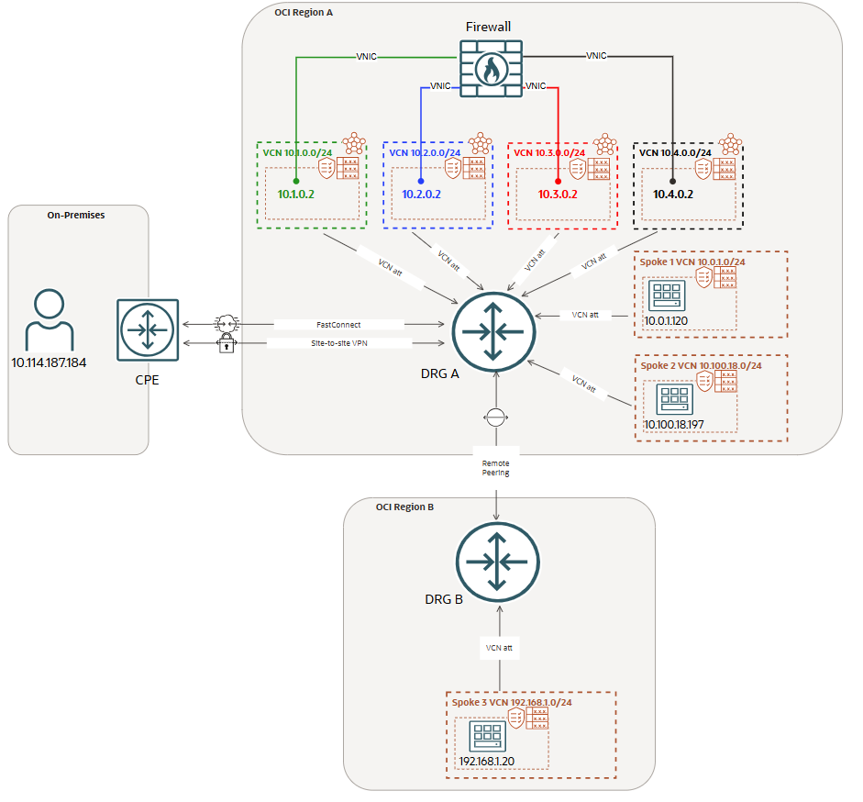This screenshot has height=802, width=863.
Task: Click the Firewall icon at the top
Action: (490, 69)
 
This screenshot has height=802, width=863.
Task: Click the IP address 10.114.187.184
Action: (50, 363)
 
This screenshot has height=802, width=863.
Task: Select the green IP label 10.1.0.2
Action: (296, 194)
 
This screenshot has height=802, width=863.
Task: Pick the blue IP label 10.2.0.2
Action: (421, 194)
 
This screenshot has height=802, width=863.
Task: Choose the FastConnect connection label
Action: (339, 325)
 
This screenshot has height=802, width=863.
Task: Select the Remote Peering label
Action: (496, 468)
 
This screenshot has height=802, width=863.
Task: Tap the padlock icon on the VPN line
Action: (226, 344)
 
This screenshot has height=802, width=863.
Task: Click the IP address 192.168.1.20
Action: (487, 760)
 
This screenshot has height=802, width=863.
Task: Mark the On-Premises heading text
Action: (76, 215)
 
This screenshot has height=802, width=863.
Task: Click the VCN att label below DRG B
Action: (499, 648)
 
